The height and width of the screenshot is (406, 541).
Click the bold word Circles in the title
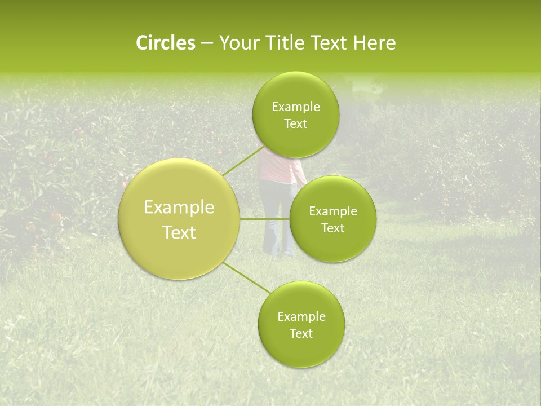pos(166,43)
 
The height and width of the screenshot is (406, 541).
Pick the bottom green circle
pos(301,350)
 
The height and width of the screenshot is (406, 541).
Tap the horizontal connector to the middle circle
pos(264,219)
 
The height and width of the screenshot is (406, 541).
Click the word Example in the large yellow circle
pos(179,208)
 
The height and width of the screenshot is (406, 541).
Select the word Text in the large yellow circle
pos(179,232)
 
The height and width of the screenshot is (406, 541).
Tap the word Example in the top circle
pos(296,107)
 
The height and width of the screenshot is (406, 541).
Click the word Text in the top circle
pos(296,124)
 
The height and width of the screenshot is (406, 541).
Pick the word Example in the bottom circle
pos(301,317)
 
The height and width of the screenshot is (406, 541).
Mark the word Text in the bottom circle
pos(301,334)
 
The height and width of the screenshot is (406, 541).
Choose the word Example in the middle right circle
pos(333,211)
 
